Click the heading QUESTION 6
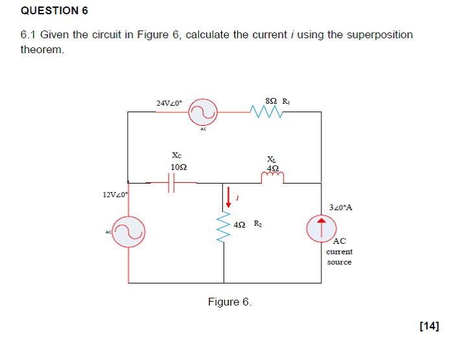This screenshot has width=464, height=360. [54, 11]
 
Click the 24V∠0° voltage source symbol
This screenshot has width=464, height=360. [203, 113]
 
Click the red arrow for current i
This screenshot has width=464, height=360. [227, 197]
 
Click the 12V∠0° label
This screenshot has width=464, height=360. [115, 195]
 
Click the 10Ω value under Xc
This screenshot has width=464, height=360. [179, 167]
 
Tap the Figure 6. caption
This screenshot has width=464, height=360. [229, 302]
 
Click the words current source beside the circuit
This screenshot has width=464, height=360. [339, 257]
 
